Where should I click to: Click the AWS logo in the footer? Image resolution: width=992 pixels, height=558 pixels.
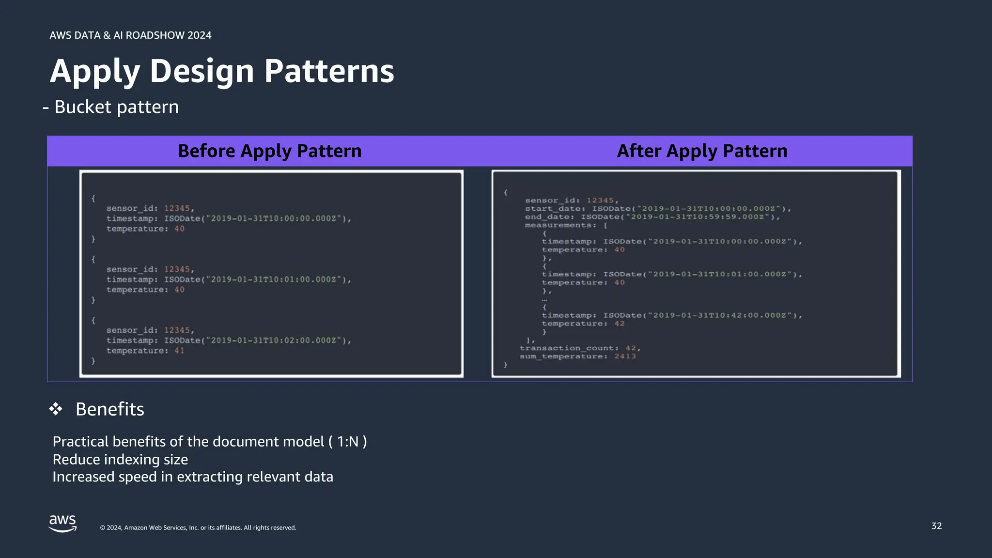coord(62,524)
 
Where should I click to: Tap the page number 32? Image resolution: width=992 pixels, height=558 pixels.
coord(936,526)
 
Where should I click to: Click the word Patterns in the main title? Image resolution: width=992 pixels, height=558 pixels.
coord(329,71)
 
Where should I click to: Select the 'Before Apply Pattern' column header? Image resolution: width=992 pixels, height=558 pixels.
coord(270,151)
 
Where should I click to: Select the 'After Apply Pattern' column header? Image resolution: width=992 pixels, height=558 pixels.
coord(702,151)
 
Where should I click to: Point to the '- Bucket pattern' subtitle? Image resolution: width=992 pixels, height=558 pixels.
coord(111,107)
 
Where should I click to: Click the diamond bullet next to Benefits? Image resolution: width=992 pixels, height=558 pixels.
coord(56,409)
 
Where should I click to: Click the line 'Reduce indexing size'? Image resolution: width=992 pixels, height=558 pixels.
coord(120,459)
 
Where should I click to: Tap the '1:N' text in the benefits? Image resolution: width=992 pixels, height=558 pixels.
coord(348,442)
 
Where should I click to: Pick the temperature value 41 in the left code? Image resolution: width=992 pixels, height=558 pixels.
coord(179,351)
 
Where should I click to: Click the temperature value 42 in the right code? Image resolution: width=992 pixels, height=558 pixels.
coord(620,324)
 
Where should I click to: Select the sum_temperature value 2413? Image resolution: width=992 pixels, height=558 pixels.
coord(625,356)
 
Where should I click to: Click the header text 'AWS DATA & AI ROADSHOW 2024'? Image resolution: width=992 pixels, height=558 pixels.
coord(130,35)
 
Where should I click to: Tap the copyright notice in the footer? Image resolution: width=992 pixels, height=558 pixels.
coord(198,528)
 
